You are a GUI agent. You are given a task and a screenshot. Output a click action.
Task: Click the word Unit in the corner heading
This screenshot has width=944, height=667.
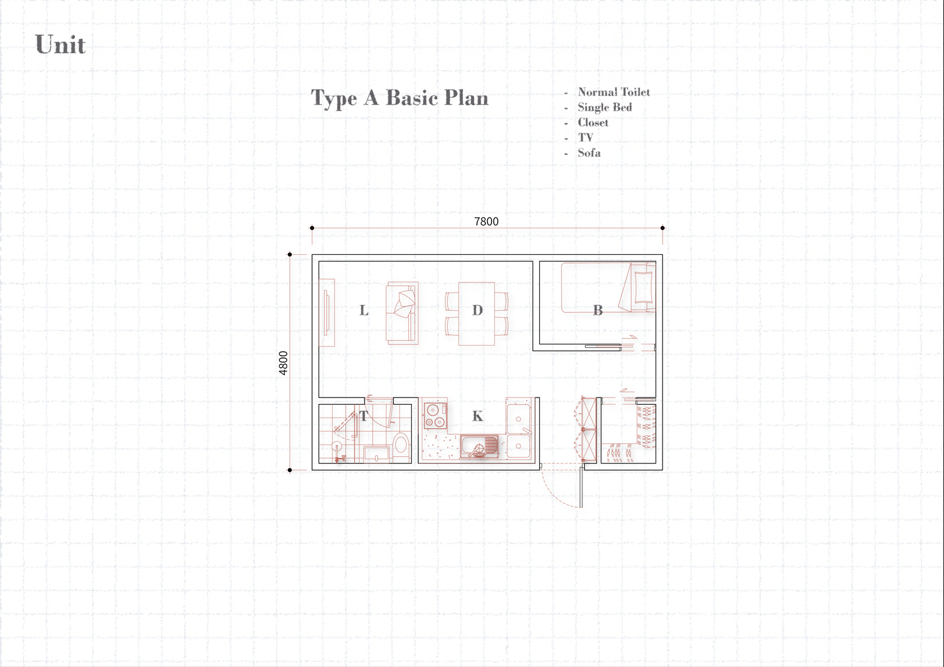pos(60,44)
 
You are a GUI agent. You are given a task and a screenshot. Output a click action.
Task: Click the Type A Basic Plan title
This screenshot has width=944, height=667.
pos(399,98)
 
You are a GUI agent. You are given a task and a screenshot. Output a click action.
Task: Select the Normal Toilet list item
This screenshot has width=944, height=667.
pos(614,92)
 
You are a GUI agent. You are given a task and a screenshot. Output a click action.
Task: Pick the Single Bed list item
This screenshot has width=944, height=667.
pos(605,107)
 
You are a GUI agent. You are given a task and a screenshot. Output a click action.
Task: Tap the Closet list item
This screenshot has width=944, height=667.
pos(593,122)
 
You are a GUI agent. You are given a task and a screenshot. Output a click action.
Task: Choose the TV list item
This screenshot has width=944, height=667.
pos(585,137)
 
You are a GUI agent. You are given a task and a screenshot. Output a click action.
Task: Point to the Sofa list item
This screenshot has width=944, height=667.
pos(589,153)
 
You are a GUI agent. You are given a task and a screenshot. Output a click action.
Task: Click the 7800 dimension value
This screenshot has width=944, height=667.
pos(486,222)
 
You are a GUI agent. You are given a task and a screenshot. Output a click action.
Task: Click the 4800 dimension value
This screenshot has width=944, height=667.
pos(283,363)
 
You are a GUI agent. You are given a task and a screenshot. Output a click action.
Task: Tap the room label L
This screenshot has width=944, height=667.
pos(363,311)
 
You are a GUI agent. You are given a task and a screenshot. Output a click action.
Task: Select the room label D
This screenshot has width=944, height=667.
pos(477,311)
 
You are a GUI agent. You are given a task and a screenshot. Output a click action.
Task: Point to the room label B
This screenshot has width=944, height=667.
pos(598,311)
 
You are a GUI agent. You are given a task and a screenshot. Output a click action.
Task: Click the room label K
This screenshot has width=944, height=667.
pos(477,416)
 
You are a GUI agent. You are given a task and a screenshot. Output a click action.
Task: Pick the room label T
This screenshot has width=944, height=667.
pos(363,416)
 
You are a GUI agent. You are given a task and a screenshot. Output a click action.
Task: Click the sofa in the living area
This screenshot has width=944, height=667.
pos(402,313)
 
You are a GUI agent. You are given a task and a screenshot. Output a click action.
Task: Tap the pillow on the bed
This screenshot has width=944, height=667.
pos(643,287)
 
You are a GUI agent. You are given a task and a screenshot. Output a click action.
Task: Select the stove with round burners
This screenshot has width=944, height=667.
pos(435,415)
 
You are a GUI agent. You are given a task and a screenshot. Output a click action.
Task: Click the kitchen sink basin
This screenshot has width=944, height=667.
pos(480,446)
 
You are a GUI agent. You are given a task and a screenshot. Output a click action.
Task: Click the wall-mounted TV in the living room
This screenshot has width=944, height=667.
pos(326,313)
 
